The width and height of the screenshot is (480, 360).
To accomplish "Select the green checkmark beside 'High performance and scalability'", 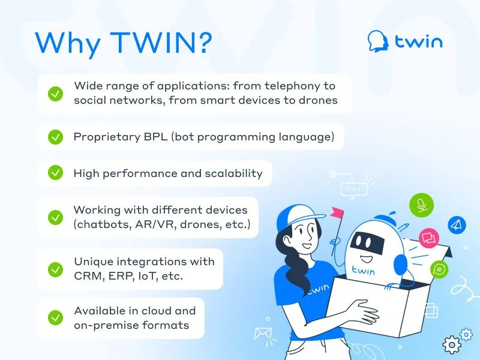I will point(55,173).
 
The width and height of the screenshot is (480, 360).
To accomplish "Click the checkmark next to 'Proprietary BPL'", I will point(55,137).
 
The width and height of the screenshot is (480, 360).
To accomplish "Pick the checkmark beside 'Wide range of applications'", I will point(55,94).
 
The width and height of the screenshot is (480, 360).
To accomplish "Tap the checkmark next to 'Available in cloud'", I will point(55,318).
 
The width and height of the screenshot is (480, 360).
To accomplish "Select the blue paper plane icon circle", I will point(457,225).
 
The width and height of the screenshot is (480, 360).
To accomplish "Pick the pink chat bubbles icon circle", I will point(429,238).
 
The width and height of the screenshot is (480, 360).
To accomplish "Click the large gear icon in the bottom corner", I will point(452,344).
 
